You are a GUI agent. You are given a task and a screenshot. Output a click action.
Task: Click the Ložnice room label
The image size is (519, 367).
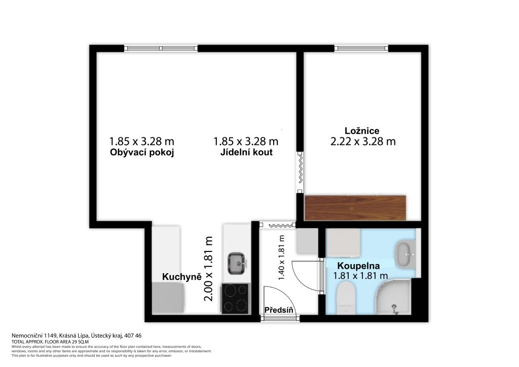click(x=362, y=131)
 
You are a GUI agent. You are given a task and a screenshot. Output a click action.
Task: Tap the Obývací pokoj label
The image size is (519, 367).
click(x=142, y=153)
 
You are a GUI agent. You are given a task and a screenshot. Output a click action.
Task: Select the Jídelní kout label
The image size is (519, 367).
click(x=247, y=152)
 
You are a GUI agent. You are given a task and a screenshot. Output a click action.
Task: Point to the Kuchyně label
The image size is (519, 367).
click(x=182, y=277)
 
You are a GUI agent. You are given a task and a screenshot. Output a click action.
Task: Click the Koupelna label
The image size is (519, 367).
click(x=358, y=266)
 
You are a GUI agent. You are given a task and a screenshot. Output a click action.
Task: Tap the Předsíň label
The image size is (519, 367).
click(x=279, y=310)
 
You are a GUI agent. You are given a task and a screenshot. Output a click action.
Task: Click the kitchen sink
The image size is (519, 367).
click(x=237, y=263)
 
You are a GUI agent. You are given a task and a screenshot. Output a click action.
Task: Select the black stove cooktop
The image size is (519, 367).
click(x=235, y=298)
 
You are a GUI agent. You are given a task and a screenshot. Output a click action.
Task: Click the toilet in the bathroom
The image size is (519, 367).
click(x=346, y=300)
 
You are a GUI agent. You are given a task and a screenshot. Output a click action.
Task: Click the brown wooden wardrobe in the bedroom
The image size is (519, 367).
click(x=355, y=208)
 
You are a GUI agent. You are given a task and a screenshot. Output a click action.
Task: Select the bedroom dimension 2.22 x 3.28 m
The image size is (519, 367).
click(x=363, y=141)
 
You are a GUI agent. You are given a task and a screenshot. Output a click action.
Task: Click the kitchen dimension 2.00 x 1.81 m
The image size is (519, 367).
click(x=208, y=269)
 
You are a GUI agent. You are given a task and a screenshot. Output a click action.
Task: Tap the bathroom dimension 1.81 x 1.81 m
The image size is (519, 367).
click(x=360, y=275)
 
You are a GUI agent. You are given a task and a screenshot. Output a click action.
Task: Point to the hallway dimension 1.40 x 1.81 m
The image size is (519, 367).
click(x=281, y=258)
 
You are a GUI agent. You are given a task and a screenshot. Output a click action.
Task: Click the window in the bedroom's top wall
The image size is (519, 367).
click(x=361, y=48)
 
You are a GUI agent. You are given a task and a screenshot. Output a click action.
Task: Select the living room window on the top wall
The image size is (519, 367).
click(x=161, y=48)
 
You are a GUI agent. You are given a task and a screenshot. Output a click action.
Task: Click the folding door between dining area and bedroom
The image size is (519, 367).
click(x=300, y=172)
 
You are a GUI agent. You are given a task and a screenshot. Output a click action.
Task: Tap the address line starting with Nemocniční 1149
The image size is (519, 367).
click(x=77, y=336)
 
